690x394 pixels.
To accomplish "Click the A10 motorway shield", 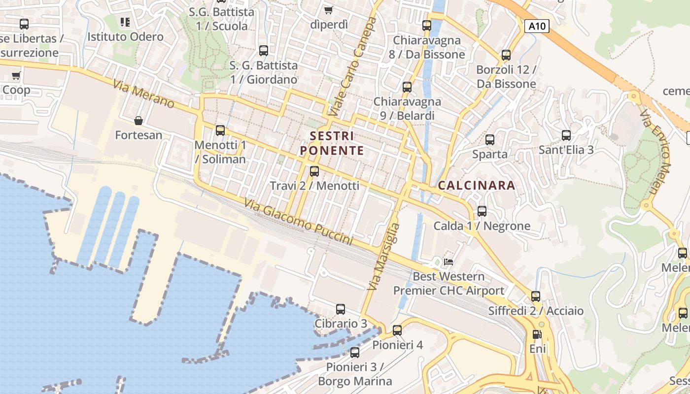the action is tap(536, 26).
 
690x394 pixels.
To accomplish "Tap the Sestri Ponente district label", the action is tap(332, 143).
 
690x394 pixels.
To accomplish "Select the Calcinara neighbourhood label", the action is tap(477, 186).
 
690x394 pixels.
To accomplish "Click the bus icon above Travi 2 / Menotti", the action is tap(314, 171).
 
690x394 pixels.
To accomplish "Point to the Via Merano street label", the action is tap(143, 94).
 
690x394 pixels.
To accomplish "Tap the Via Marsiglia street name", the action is tap(383, 256).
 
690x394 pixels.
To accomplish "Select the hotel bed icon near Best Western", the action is tap(448, 262).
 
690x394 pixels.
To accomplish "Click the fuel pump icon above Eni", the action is tap(537, 334).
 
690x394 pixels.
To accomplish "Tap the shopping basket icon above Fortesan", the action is tap(138, 121).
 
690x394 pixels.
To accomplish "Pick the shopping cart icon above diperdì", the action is tap(329, 10).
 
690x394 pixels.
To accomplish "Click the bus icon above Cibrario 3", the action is tap(341, 309).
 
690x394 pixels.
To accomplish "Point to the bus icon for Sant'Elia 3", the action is tap(566, 135).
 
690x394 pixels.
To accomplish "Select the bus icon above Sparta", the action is tap(490, 140).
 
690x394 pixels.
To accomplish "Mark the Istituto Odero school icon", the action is tap(125, 22).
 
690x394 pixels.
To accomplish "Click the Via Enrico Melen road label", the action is tap(656, 153).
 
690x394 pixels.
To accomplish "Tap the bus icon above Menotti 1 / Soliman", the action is tap(220, 131).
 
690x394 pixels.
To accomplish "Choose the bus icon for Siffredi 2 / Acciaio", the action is tap(536, 296).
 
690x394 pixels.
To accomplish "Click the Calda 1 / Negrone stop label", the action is tap(482, 226).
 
